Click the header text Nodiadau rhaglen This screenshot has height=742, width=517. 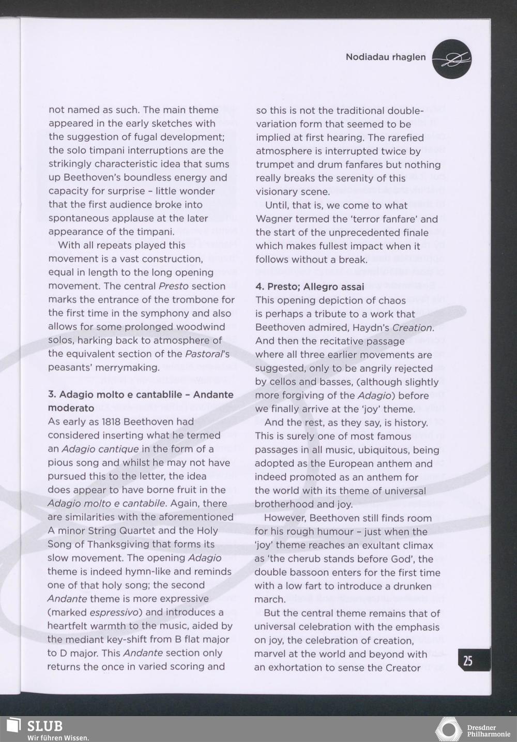(x=385, y=57)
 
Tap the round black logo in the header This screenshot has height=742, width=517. (x=451, y=59)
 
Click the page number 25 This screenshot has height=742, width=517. (x=468, y=661)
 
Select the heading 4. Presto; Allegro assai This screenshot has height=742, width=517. (x=309, y=286)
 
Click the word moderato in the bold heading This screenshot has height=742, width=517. (x=71, y=408)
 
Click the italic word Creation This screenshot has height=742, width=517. (x=413, y=328)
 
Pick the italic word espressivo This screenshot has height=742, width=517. (x=109, y=612)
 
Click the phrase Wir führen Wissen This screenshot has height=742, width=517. (x=58, y=737)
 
